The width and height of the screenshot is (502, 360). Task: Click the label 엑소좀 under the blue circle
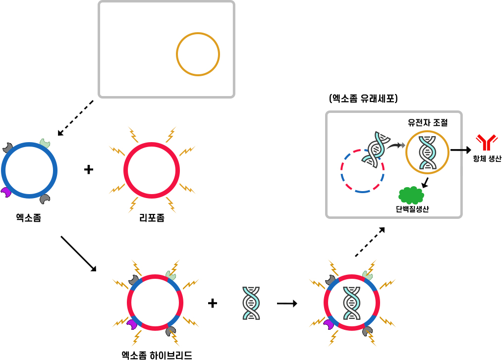click(28, 218)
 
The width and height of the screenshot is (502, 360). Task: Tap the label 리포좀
click(152, 218)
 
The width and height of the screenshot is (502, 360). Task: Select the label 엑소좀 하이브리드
click(157, 355)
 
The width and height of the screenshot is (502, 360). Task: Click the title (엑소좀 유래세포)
click(363, 98)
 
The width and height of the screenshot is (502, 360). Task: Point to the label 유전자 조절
click(427, 122)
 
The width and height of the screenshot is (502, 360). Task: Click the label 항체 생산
click(487, 158)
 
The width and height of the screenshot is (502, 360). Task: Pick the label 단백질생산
click(412, 209)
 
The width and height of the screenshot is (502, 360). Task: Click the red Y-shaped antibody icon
click(487, 142)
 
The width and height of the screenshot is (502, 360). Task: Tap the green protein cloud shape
click(411, 195)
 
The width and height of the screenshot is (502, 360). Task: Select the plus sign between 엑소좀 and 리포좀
click(89, 169)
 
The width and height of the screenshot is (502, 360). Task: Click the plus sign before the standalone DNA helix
click(213, 303)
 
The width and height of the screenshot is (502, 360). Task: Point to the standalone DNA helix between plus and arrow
click(251, 303)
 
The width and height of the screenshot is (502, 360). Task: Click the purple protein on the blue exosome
click(6, 192)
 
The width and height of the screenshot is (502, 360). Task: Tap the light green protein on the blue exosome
click(45, 143)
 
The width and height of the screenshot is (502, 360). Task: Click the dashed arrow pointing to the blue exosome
click(75, 118)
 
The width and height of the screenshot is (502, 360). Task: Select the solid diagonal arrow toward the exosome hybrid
click(79, 254)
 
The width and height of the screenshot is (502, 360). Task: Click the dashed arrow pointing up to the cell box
click(370, 242)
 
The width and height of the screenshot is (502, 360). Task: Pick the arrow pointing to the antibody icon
click(461, 150)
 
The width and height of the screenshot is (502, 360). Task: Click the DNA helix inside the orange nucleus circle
click(427, 153)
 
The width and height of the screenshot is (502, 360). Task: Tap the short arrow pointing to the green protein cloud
click(425, 183)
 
